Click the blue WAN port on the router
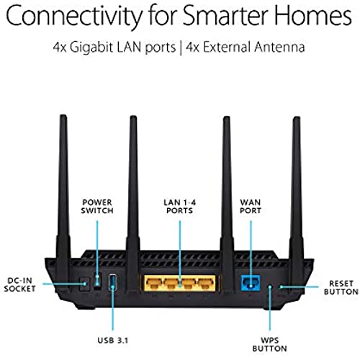(x=251, y=282)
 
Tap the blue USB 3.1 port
(x=112, y=282)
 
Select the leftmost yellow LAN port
(x=153, y=283)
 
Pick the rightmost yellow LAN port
(x=206, y=283)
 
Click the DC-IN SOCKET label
(x=20, y=284)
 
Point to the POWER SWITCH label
(x=97, y=207)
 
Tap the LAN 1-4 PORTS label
(x=180, y=207)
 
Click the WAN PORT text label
(x=251, y=207)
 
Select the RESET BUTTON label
(x=341, y=287)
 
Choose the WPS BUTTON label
(x=269, y=344)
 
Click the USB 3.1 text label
(x=112, y=341)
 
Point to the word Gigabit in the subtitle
(x=91, y=48)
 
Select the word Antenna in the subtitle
(x=279, y=47)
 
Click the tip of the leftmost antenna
(x=63, y=115)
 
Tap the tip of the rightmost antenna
(x=297, y=117)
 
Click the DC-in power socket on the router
(x=84, y=284)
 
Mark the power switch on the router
(x=97, y=280)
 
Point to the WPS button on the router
(x=270, y=287)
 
